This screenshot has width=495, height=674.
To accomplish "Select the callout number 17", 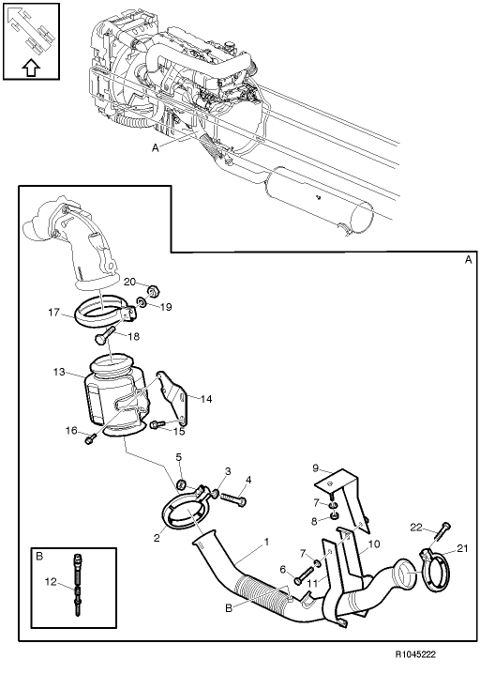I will [55, 314].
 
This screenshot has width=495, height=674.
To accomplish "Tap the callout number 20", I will [130, 282].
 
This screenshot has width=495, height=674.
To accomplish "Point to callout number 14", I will [207, 399].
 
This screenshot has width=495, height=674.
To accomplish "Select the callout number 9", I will [317, 467].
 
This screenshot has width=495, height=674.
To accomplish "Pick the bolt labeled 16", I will [91, 437].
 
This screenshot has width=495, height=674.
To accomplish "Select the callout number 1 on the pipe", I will [266, 543].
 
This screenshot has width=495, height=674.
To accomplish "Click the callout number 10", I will [374, 544].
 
